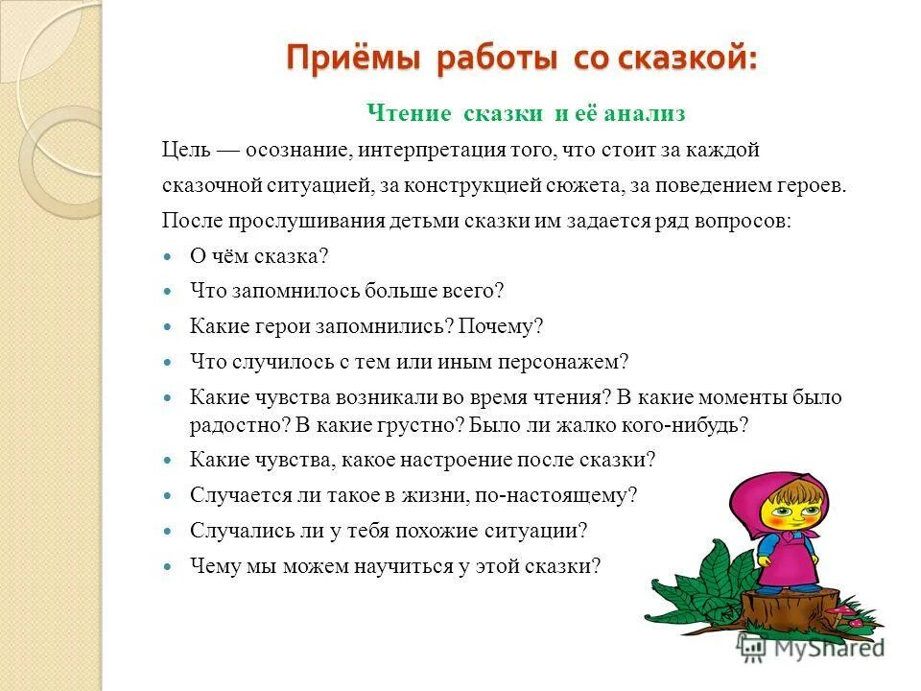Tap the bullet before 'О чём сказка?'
click(x=167, y=257)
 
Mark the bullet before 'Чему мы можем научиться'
click(x=167, y=567)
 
